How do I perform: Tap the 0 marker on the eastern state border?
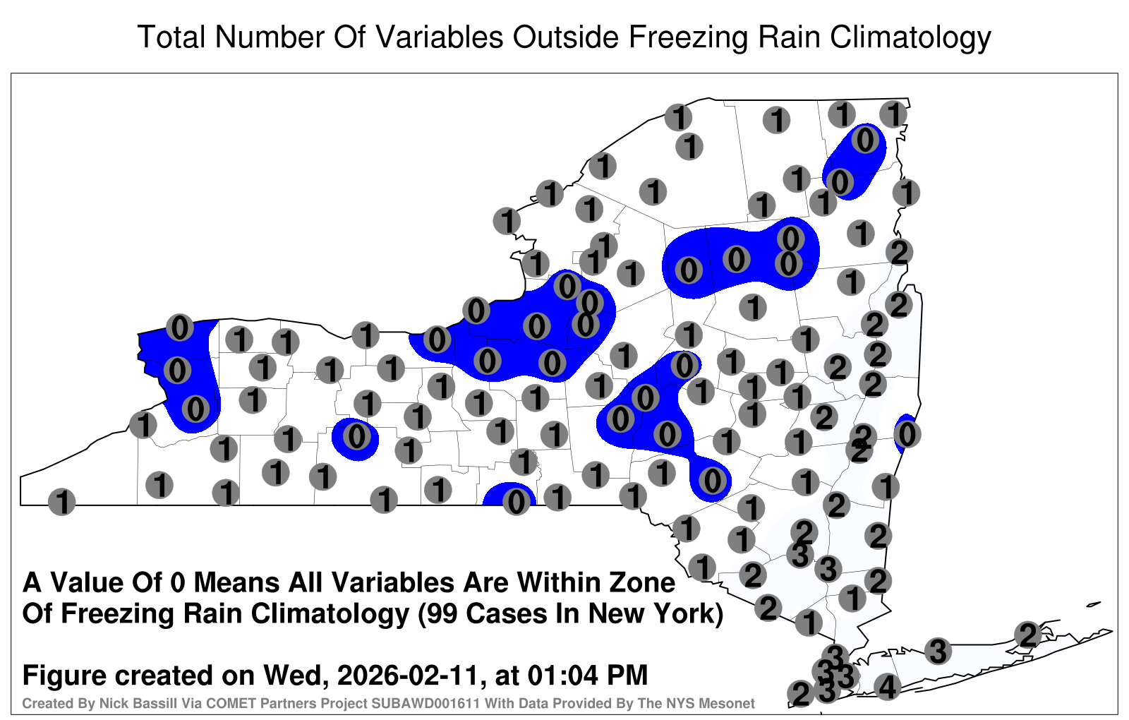point(907,434)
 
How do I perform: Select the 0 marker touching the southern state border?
point(516,502)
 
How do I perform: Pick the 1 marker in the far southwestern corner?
point(61,502)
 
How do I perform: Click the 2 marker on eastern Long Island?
point(1027,635)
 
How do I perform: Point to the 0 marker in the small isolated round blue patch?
point(356,436)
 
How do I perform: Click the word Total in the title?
point(171,37)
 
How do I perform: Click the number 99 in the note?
point(444,613)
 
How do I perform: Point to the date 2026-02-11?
point(407,675)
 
